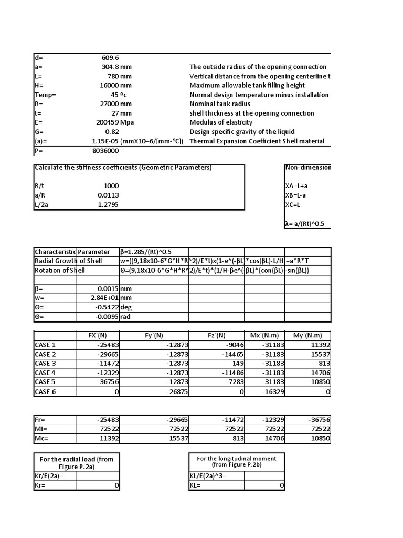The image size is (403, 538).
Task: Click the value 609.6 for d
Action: [x=110, y=58]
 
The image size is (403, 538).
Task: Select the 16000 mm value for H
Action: [x=117, y=86]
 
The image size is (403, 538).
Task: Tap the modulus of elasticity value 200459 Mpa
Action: [x=117, y=122]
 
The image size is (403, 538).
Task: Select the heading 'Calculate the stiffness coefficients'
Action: [x=123, y=168]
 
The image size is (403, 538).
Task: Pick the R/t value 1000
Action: [x=111, y=185]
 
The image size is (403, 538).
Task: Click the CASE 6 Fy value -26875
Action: [x=174, y=392]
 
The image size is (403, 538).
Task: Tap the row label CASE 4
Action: [x=45, y=373]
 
